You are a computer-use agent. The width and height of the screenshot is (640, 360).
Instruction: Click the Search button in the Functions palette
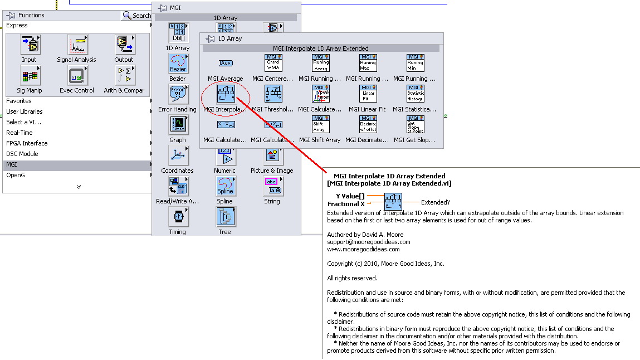(136, 16)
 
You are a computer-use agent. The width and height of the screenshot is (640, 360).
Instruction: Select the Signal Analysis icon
(77, 45)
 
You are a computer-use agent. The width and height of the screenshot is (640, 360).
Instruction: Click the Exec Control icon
(77, 75)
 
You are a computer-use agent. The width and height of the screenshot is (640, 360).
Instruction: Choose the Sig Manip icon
(30, 75)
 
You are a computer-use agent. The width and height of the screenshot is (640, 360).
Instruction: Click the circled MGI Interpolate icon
(226, 94)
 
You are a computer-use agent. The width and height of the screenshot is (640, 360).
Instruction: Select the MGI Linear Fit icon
(368, 94)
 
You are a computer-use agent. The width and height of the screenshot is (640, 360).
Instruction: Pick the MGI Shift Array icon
(320, 124)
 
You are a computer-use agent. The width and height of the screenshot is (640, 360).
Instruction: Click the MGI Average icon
(226, 63)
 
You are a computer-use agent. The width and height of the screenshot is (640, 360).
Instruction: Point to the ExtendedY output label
(436, 202)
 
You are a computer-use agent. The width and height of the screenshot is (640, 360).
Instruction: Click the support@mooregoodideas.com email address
(368, 242)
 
